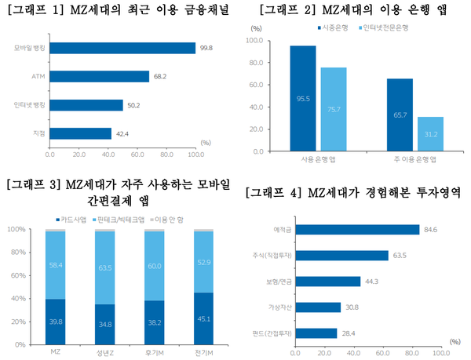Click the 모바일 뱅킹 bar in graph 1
click(122, 48)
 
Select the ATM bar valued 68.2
click(99, 76)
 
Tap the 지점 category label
click(38, 133)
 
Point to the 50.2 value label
click(134, 104)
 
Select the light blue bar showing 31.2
click(430, 129)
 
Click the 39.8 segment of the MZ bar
click(55, 322)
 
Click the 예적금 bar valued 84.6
click(356, 230)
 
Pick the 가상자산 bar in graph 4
click(317, 307)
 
